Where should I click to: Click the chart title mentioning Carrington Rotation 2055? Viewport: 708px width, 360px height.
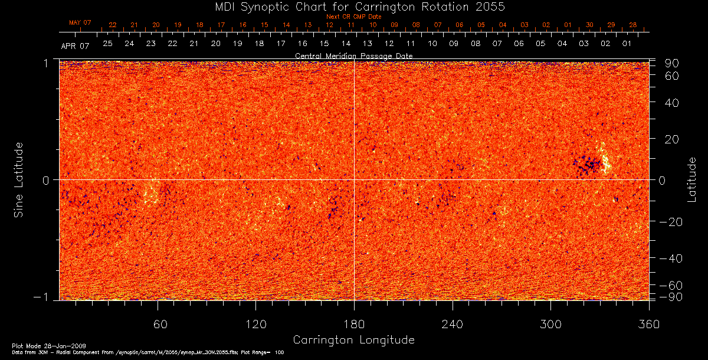pyautogui.click(x=354, y=6)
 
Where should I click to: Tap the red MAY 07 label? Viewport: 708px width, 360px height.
pyautogui.click(x=80, y=22)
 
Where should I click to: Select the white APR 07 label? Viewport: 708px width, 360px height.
pyautogui.click(x=75, y=45)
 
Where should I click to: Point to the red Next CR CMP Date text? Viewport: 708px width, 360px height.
pyautogui.click(x=354, y=17)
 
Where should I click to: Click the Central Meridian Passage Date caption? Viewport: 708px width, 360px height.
pyautogui.click(x=353, y=55)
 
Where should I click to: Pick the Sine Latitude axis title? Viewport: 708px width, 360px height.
pyautogui.click(x=19, y=179)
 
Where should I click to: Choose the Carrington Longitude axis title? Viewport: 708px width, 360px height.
pyautogui.click(x=353, y=340)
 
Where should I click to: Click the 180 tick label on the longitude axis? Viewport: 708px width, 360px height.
pyautogui.click(x=354, y=324)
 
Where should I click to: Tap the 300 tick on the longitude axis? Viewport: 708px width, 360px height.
pyautogui.click(x=550, y=324)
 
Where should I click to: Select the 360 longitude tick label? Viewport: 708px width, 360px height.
pyautogui.click(x=648, y=324)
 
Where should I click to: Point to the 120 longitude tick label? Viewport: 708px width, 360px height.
pyautogui.click(x=255, y=324)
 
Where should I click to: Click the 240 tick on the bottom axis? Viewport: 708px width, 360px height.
pyautogui.click(x=452, y=324)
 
